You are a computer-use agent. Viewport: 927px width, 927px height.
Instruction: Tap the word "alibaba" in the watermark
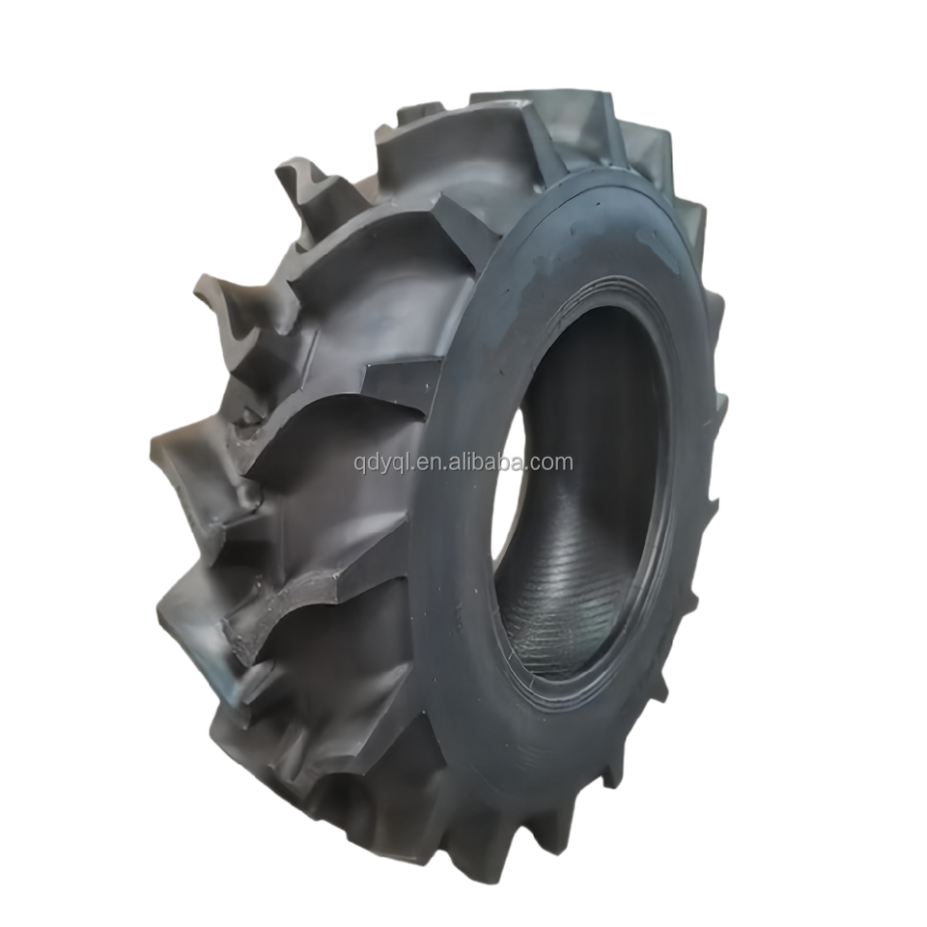(x=487, y=461)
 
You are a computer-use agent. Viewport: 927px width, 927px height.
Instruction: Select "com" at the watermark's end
(x=551, y=463)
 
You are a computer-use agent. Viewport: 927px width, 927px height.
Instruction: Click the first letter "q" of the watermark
(x=359, y=464)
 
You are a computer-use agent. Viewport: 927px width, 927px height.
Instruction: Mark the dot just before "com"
(x=527, y=468)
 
